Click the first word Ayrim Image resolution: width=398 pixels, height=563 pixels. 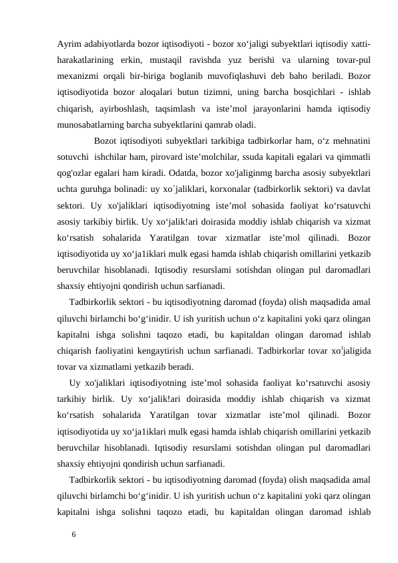[69, 44]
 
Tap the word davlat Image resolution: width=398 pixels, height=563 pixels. [358, 189]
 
